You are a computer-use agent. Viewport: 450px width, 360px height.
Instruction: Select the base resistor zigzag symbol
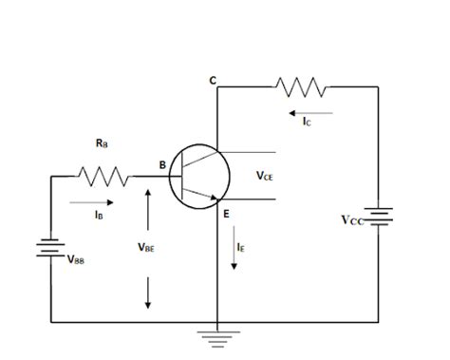tap(103, 176)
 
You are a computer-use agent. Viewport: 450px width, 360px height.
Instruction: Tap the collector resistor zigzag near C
tap(302, 87)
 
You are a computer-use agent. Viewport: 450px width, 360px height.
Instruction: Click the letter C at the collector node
tap(213, 80)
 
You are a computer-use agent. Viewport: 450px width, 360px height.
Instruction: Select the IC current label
tap(307, 122)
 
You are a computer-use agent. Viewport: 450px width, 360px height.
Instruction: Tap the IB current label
tap(99, 217)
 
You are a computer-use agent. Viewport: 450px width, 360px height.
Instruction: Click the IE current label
tap(242, 247)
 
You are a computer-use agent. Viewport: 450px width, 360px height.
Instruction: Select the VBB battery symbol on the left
tap(50, 250)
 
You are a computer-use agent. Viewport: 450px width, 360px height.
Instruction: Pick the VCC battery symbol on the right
tap(379, 218)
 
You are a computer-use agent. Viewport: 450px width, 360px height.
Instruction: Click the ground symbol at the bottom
tap(218, 334)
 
